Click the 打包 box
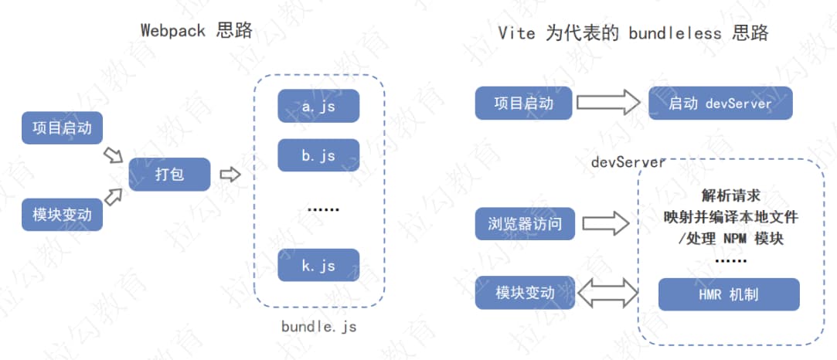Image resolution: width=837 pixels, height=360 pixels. coord(169,175)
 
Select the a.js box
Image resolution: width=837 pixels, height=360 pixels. coord(318,107)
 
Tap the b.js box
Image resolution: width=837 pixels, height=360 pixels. coord(318,155)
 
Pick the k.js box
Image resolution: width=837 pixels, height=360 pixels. coord(318,265)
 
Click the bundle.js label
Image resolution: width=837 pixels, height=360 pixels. coord(318,327)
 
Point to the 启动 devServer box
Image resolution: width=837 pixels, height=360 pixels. coord(720,103)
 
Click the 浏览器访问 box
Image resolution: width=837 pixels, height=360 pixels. coord(525,225)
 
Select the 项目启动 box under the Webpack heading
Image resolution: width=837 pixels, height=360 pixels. coord(62,127)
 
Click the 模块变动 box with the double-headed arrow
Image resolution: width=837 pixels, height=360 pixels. coord(525,293)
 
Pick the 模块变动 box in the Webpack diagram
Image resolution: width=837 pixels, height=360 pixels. coord(62,214)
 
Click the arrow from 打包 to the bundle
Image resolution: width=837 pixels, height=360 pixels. coord(230,175)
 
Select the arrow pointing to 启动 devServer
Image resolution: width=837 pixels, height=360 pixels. coord(609,103)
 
